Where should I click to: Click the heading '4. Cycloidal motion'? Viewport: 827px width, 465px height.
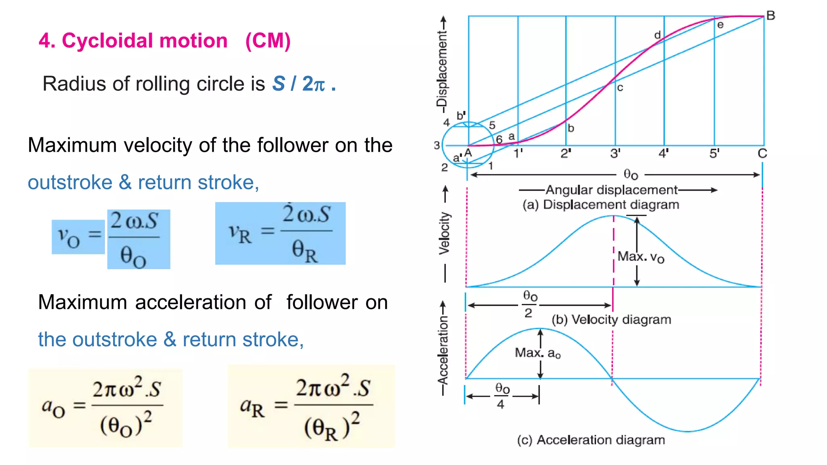tap(133, 41)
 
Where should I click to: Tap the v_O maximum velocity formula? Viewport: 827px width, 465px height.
tap(111, 239)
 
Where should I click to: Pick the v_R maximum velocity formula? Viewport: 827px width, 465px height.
tap(280, 233)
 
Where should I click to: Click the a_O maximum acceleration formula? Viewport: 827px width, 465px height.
tap(105, 408)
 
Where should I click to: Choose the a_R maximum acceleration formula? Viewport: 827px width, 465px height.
tap(311, 406)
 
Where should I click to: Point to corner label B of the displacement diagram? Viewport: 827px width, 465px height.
tap(770, 16)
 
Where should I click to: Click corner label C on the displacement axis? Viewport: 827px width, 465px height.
tap(762, 154)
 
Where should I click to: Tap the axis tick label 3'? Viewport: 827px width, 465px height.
tap(615, 154)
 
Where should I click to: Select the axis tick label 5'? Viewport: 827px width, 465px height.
tap(714, 154)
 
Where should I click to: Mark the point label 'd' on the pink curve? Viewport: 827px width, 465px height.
tap(657, 35)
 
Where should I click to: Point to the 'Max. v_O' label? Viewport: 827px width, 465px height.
tap(641, 257)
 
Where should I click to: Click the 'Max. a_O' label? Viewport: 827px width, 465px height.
tap(538, 353)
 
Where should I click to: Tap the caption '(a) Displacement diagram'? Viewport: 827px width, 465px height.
tap(600, 205)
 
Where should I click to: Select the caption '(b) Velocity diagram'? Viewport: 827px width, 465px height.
tap(611, 320)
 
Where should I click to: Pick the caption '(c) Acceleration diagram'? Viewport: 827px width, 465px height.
tap(591, 440)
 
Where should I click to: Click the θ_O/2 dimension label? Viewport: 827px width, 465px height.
tap(530, 304)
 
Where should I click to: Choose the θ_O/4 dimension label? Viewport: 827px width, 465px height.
tap(502, 396)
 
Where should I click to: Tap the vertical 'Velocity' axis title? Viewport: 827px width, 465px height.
tap(444, 233)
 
